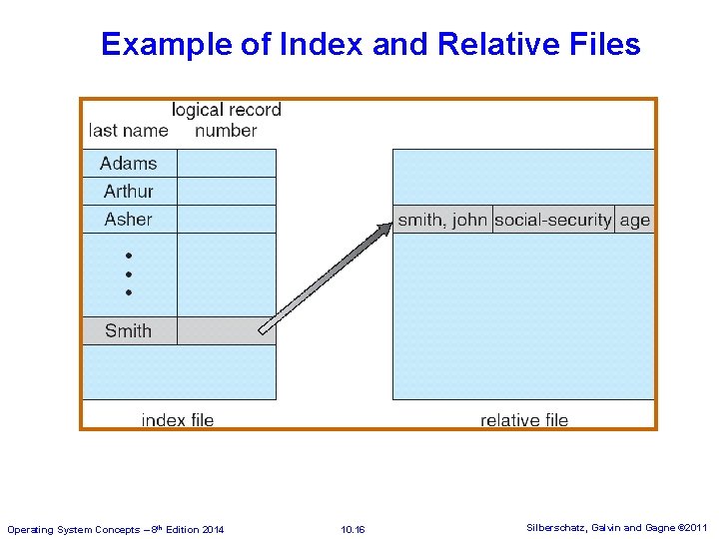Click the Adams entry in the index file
point(129,164)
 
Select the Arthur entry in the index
point(129,192)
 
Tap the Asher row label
point(129,220)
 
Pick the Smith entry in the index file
point(129,331)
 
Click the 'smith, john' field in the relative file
point(442,221)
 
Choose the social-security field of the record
point(553,221)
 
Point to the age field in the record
point(634,221)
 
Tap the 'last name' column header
point(128,131)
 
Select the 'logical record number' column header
point(227,120)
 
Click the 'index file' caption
point(178,420)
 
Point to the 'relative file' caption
point(524,420)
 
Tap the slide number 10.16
point(353,529)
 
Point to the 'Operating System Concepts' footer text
point(115,529)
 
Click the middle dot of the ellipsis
point(129,274)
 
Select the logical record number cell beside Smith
point(226,331)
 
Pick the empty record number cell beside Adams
point(226,164)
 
